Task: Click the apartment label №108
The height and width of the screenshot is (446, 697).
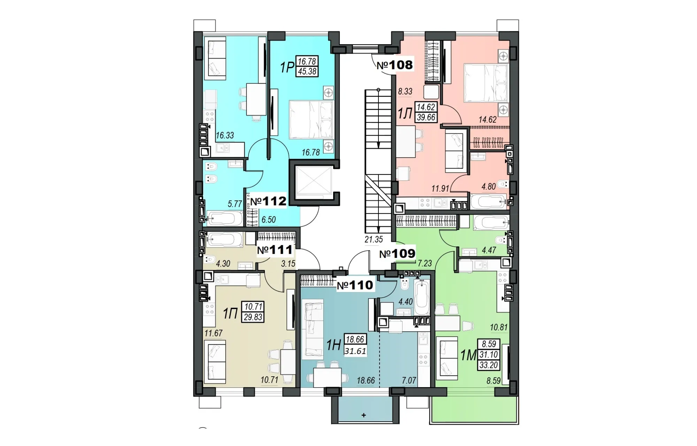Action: point(395,65)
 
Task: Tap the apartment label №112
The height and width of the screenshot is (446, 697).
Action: point(268,201)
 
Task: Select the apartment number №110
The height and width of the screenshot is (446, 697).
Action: point(355,285)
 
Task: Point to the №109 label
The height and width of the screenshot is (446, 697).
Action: point(397,254)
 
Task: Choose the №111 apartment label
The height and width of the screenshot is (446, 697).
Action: point(275,250)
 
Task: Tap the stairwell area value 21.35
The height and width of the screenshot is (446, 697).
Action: point(374,240)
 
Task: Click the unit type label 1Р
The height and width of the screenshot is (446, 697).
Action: point(287,68)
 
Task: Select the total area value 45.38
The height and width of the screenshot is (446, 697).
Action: point(307,71)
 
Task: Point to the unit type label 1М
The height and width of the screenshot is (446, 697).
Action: point(468,355)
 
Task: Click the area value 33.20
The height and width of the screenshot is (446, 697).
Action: point(489,365)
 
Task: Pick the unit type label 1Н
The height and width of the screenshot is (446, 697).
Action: point(334,345)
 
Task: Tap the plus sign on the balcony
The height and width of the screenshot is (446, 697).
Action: point(364,415)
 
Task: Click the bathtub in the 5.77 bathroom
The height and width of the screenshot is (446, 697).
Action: point(224,218)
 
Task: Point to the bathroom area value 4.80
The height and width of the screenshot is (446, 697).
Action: point(489,187)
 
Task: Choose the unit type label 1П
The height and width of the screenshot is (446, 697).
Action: point(230,314)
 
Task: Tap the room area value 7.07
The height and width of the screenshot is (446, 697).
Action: point(409,380)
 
